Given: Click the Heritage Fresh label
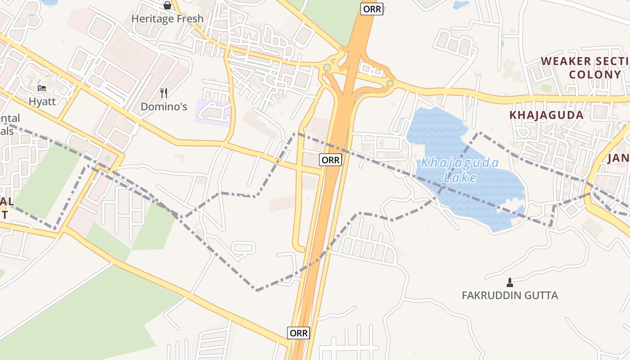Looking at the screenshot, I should [167, 19].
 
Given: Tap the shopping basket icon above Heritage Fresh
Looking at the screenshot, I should [167, 6].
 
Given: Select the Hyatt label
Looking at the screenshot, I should [42, 101].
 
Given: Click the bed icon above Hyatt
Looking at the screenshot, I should [42, 88].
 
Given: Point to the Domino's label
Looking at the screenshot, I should [164, 107].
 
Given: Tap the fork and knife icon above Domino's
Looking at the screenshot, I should [164, 93].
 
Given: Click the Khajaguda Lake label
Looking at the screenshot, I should [459, 170].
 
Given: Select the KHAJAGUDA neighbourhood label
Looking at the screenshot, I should [546, 115].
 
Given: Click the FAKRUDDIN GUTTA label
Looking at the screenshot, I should [510, 295].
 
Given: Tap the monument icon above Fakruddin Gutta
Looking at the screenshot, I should [510, 283].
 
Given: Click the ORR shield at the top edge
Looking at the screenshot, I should [372, 9].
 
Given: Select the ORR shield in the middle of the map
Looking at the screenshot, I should [331, 159].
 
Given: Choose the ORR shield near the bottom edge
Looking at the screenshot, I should [299, 333].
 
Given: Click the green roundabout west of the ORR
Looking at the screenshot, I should [327, 67].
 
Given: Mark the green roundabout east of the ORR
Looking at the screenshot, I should [390, 83].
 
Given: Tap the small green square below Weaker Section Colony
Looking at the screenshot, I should [547, 88].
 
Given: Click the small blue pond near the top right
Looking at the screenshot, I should [461, 5].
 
